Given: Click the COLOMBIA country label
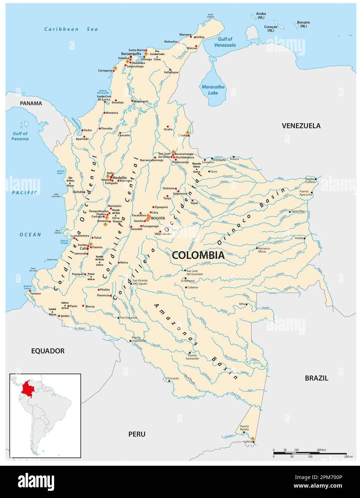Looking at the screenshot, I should coord(198,255).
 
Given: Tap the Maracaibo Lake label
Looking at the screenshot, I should coord(210,90).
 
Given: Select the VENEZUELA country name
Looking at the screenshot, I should coord(301,126).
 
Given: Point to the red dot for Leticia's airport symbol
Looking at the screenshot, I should coord(253,439).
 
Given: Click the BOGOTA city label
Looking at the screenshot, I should coord(158,218).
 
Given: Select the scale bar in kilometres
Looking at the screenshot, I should coord(309,453).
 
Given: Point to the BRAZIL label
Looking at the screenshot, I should coord(316,378).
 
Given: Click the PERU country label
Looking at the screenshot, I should coord(137,434).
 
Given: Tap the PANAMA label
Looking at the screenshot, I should coord(31,103).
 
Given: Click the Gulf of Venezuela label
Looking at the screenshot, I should coord(225,42).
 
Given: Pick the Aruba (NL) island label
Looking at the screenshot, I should coord(261,15).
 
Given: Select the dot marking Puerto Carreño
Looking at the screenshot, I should coord(316,179).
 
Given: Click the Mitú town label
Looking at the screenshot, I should coord(242,304).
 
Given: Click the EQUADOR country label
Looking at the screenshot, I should coord(48,351).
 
